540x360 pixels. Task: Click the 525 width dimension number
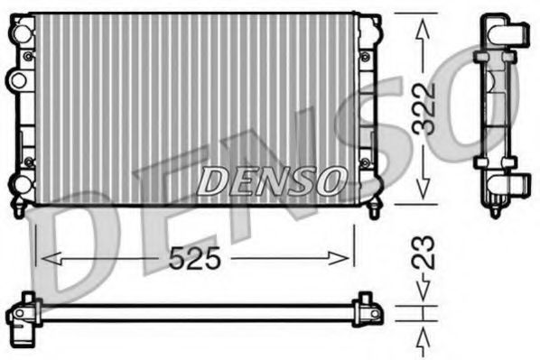click(195, 259)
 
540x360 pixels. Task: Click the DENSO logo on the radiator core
click(270, 180)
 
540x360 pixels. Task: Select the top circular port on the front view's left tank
click(18, 33)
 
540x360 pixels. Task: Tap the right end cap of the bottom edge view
click(368, 309)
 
